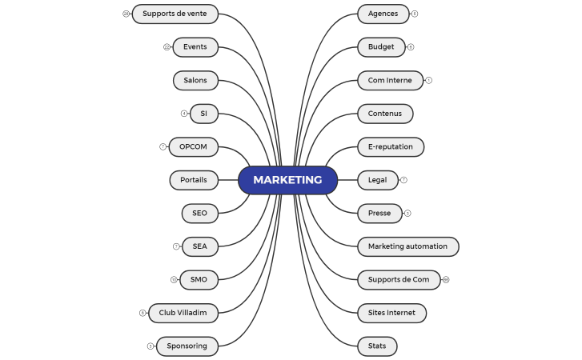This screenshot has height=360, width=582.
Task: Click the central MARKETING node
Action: pyautogui.click(x=287, y=180)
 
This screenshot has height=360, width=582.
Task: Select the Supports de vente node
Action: pyautogui.click(x=175, y=14)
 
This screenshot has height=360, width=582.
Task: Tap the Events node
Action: pyautogui.click(x=195, y=47)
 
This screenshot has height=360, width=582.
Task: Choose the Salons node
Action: pyautogui.click(x=195, y=80)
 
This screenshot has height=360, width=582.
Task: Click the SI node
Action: pyautogui.click(x=204, y=114)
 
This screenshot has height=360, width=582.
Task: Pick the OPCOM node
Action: pyautogui.click(x=193, y=147)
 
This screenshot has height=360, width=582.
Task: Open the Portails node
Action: pyautogui.click(x=194, y=180)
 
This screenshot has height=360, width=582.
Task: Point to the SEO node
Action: pyautogui.click(x=199, y=214)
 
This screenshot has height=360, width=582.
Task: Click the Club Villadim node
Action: pyautogui.click(x=183, y=313)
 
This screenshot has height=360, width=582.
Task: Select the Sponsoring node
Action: pyautogui.click(x=187, y=346)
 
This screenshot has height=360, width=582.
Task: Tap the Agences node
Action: pyautogui.click(x=383, y=14)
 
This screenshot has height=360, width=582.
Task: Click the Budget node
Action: pyautogui.click(x=381, y=47)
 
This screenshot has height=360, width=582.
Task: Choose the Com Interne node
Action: pyautogui.click(x=390, y=80)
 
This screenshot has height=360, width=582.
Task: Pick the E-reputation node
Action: pyautogui.click(x=390, y=147)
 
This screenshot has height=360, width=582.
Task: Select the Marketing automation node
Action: pyautogui.click(x=407, y=246)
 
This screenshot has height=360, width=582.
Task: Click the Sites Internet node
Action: pyautogui.click(x=391, y=313)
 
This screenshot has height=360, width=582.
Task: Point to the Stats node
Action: pyautogui.click(x=377, y=346)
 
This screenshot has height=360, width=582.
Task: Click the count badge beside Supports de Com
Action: pyautogui.click(x=446, y=280)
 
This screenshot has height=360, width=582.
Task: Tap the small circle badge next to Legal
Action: pyautogui.click(x=403, y=180)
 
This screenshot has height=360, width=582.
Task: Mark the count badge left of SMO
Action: pyautogui.click(x=174, y=280)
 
